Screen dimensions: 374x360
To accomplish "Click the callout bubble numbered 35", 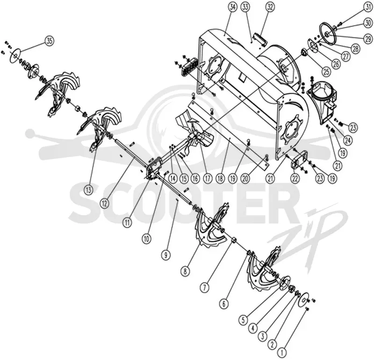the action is [49, 41].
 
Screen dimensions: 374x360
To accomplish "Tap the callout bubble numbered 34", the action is [232, 7].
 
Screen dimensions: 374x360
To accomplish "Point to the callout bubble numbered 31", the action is [368, 7].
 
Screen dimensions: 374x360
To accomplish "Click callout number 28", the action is [355, 49].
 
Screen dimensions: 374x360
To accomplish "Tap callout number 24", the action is [348, 140].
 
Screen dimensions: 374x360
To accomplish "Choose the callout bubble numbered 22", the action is [295, 179].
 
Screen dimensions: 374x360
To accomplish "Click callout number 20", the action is [245, 179].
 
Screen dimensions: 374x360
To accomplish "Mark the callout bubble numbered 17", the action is [207, 179].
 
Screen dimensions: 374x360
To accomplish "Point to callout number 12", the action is [104, 203].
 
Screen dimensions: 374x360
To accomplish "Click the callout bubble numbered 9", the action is [166, 255].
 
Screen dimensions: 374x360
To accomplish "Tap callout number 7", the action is [204, 288].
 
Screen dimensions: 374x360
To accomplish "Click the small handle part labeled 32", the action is [260, 39].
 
